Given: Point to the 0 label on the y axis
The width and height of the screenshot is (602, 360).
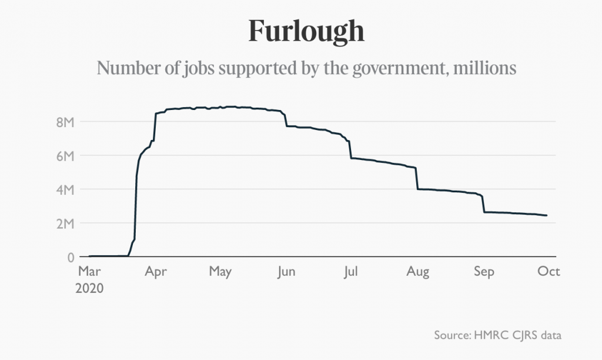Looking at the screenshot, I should pos(70,257).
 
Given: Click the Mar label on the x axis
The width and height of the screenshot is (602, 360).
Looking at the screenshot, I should pos(90,272).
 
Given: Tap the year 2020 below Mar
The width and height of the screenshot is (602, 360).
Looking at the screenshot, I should pos(91,288).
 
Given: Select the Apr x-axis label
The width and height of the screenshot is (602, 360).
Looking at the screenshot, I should pos(156,272).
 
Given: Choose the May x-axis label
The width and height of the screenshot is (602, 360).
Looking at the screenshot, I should pos(220,272).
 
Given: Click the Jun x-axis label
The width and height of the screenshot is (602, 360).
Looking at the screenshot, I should pos(286,272).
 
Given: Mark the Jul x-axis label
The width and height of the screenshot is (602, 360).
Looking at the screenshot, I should pos(351,272).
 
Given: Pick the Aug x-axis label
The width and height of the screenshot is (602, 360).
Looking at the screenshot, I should pos(418,272).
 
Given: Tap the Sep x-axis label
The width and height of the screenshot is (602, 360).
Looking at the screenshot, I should pos(484,272).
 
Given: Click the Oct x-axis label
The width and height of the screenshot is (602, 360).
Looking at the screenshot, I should pos(549,272).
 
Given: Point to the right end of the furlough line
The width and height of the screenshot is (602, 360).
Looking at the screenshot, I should pos(547,215).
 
